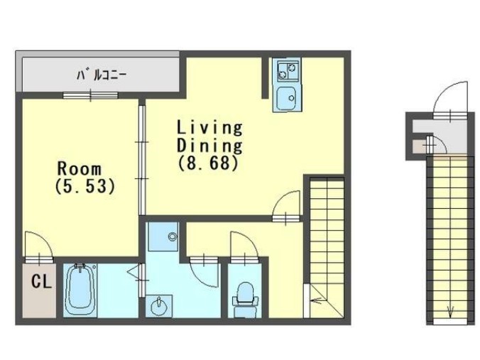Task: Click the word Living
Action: [x=209, y=129]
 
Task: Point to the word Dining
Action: [x=209, y=146]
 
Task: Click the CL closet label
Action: [x=40, y=281]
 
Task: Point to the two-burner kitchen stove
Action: [x=287, y=70]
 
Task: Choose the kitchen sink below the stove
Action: [x=287, y=97]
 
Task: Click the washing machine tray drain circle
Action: [x=171, y=236]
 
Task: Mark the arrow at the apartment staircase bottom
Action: [x=315, y=300]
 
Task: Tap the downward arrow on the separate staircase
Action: [x=449, y=311]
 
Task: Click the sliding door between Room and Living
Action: [x=141, y=159]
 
